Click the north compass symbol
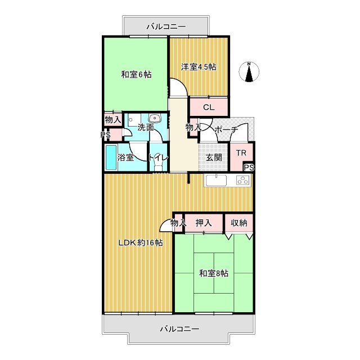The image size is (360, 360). [x=249, y=71]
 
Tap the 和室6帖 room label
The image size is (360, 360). [x=136, y=75]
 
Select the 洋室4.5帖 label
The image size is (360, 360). [x=199, y=67]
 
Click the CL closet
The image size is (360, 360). [x=209, y=107]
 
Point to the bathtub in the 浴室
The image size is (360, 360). [x=111, y=157]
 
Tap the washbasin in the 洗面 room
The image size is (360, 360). [x=155, y=119]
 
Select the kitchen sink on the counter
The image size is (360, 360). [x=216, y=181]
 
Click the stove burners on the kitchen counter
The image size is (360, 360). [x=243, y=180]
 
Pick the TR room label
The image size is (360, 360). [x=241, y=153]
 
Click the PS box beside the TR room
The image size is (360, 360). [x=249, y=168]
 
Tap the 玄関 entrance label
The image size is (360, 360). [x=214, y=157]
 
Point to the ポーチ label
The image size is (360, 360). [x=226, y=130]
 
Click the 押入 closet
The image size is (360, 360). [x=204, y=223]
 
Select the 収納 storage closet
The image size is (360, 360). [x=238, y=223]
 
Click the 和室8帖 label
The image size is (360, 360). [x=214, y=273]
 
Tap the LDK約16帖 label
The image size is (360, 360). [x=141, y=242]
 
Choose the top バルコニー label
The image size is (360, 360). [x=166, y=26]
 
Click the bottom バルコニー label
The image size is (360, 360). [x=179, y=329]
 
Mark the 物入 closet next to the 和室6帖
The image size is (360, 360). [x=112, y=119]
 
